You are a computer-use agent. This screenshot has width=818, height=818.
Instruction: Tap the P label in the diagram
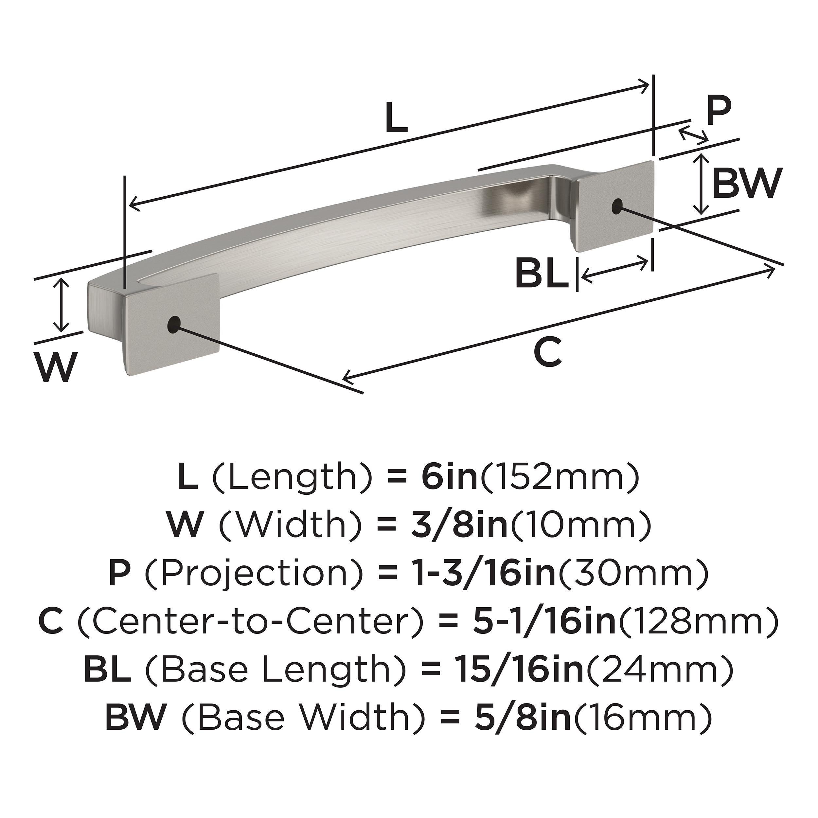point(719,111)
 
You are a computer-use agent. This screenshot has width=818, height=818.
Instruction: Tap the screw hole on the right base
point(617,206)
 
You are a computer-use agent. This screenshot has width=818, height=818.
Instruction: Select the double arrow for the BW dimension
point(702,184)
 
